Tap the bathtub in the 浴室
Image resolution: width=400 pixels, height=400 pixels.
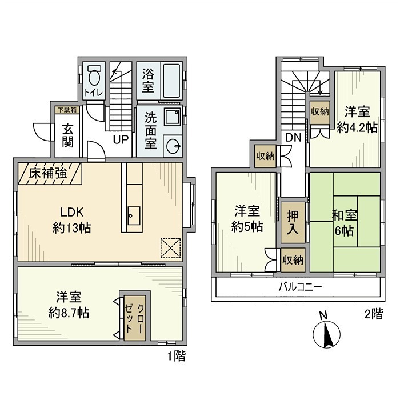coord(171,82)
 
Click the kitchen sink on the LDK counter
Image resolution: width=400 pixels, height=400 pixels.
coord(133,215)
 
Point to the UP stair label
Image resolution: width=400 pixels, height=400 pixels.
coord(120,139)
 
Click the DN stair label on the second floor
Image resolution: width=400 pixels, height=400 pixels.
coord(294,138)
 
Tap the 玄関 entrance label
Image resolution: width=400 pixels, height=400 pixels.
coord(67,135)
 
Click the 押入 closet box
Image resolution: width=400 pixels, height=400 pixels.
coord(291,219)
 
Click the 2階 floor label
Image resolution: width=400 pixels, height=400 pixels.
coord(374,314)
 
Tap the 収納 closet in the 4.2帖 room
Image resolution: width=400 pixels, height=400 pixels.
coord(320,112)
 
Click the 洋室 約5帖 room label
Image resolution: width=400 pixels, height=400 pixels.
coord(247,219)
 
